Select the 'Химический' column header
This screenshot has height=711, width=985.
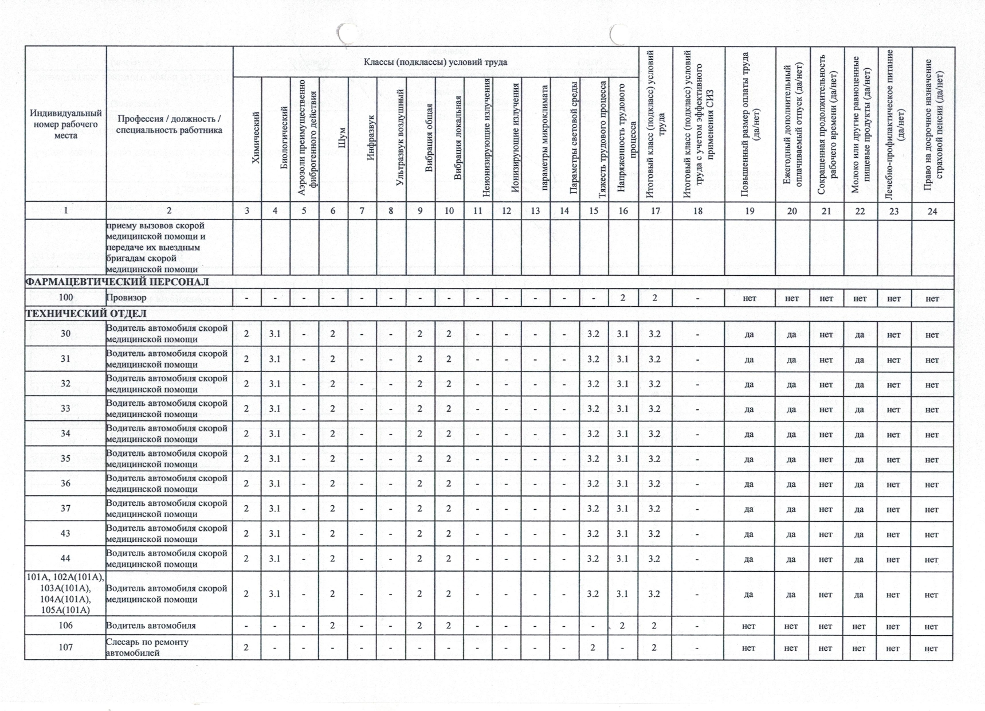[x=256, y=138]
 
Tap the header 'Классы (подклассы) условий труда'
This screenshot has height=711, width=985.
[x=435, y=62]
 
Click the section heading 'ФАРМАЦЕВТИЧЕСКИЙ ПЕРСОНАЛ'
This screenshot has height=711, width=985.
[x=116, y=282]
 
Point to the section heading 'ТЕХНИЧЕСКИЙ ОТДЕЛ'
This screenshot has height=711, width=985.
[x=85, y=314]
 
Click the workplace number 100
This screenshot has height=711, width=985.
[x=66, y=298]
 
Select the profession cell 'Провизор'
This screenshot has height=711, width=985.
[x=126, y=298]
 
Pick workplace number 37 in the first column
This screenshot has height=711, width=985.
[x=66, y=509]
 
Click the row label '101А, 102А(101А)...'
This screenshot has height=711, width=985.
[x=66, y=593]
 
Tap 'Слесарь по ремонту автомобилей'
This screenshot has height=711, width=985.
[x=147, y=647]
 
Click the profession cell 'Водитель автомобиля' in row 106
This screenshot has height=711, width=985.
[x=151, y=626]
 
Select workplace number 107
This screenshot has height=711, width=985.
[x=66, y=647]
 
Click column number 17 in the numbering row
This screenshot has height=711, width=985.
[x=656, y=211]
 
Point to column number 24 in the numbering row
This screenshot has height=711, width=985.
[x=932, y=211]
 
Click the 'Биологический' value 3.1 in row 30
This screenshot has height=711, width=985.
[x=275, y=334]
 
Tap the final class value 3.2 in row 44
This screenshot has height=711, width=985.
[x=654, y=558]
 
